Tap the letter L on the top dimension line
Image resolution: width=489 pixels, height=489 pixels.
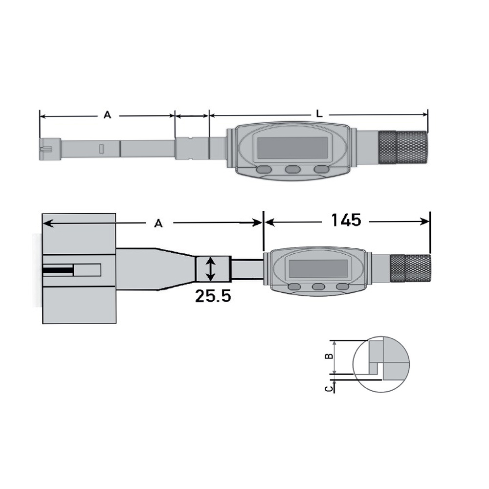click(x=319, y=114)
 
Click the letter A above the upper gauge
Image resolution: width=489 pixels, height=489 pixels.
click(x=107, y=115)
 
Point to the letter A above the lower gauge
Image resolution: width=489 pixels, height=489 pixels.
click(x=158, y=223)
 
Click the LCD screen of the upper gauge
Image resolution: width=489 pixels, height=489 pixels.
click(x=292, y=147)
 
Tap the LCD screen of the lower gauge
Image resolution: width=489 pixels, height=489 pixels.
click(x=318, y=268)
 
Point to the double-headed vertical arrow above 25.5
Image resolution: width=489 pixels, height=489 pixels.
click(x=210, y=269)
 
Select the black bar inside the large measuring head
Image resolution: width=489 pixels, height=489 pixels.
click(x=57, y=269)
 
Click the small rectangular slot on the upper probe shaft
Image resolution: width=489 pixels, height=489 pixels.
click(x=101, y=149)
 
